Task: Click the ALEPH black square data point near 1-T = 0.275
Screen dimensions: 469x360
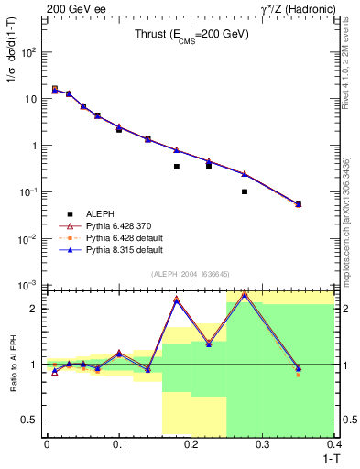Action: coord(245,191)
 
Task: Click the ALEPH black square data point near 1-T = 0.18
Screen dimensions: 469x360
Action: coord(176,167)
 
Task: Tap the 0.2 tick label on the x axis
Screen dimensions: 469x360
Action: coord(191,444)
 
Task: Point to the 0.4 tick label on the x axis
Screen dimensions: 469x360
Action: coord(334,444)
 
